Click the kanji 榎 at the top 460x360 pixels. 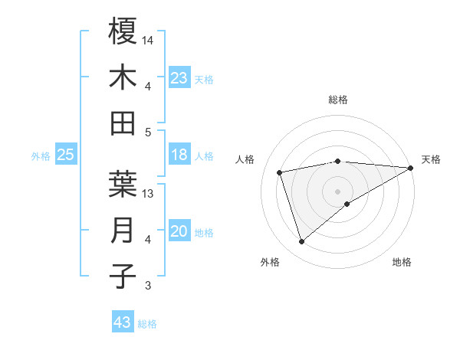123,31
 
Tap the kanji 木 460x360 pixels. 123,77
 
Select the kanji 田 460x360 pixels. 123,123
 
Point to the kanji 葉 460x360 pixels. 123,185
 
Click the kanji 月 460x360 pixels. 123,231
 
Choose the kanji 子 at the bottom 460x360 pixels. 123,277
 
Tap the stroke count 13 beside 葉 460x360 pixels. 149,194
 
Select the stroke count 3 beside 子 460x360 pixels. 148,286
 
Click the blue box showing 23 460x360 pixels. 179,78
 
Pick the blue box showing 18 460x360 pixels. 179,155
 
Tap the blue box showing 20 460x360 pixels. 179,231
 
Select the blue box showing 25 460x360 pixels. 65,155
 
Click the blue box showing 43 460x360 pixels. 122,322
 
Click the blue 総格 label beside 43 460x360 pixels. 147,324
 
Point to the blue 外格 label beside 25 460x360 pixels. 41,156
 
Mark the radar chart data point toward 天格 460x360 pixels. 410,168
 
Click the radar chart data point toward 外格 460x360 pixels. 301,242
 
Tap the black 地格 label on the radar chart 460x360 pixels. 402,263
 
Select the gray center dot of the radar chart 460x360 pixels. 337,191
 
